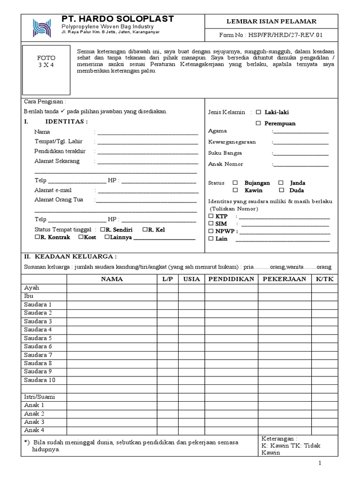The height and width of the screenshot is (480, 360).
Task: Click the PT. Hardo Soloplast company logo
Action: click(x=41, y=28)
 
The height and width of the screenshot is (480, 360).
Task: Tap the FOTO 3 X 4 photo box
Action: click(x=46, y=69)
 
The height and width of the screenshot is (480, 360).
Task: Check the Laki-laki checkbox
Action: click(x=258, y=112)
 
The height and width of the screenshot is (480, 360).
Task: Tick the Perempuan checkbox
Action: click(x=258, y=123)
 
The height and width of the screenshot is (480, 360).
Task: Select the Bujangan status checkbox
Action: click(x=236, y=183)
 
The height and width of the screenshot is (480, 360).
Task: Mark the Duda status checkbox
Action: click(x=281, y=190)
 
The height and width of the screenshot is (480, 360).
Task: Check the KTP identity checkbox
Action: click(x=211, y=217)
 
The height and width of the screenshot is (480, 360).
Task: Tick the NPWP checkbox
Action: click(x=211, y=231)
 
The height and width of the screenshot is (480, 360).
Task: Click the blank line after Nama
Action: click(x=147, y=133)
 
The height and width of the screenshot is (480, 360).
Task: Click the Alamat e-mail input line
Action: click(x=147, y=191)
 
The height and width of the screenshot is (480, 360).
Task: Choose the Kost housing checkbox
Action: click(x=81, y=237)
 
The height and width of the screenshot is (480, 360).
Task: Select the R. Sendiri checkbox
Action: click(x=102, y=230)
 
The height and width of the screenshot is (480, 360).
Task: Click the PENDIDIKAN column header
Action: click(x=231, y=279)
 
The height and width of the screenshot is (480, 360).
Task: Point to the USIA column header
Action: click(x=191, y=279)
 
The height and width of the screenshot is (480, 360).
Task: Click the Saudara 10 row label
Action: click(x=39, y=380)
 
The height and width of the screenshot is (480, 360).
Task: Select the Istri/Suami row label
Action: click(x=39, y=397)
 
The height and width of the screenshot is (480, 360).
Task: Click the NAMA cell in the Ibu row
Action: click(x=112, y=296)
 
